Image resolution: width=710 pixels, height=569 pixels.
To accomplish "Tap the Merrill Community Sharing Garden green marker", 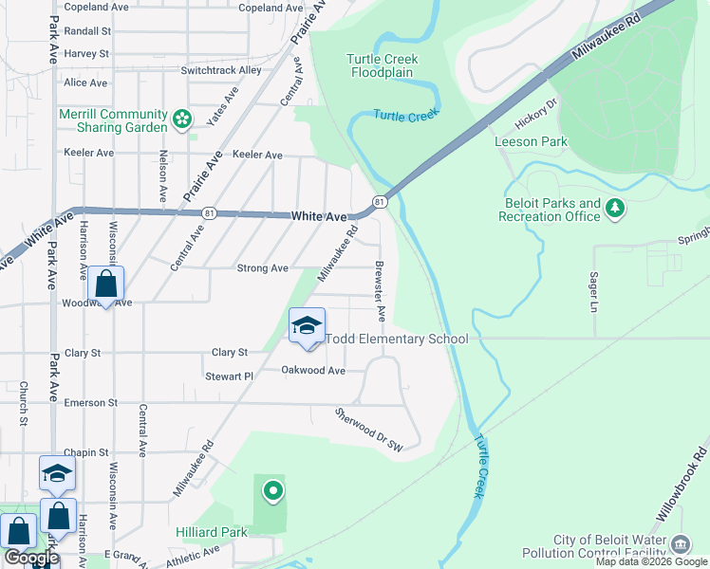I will click(x=182, y=120).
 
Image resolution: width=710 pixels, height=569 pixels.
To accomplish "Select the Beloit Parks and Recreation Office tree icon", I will click(x=615, y=207).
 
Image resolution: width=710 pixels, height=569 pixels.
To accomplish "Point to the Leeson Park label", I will click(x=531, y=142).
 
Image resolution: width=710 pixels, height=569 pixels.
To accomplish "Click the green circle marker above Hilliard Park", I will click(x=273, y=490).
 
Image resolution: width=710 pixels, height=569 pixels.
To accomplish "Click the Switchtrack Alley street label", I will click(x=220, y=70).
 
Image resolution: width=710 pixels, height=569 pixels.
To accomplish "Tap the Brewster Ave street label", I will click(x=381, y=288).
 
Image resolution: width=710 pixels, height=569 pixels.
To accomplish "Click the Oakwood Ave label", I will click(x=313, y=370).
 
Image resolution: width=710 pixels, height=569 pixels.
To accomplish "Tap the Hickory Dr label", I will click(x=532, y=119).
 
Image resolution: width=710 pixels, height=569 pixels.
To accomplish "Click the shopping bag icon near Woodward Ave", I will click(x=106, y=284).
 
